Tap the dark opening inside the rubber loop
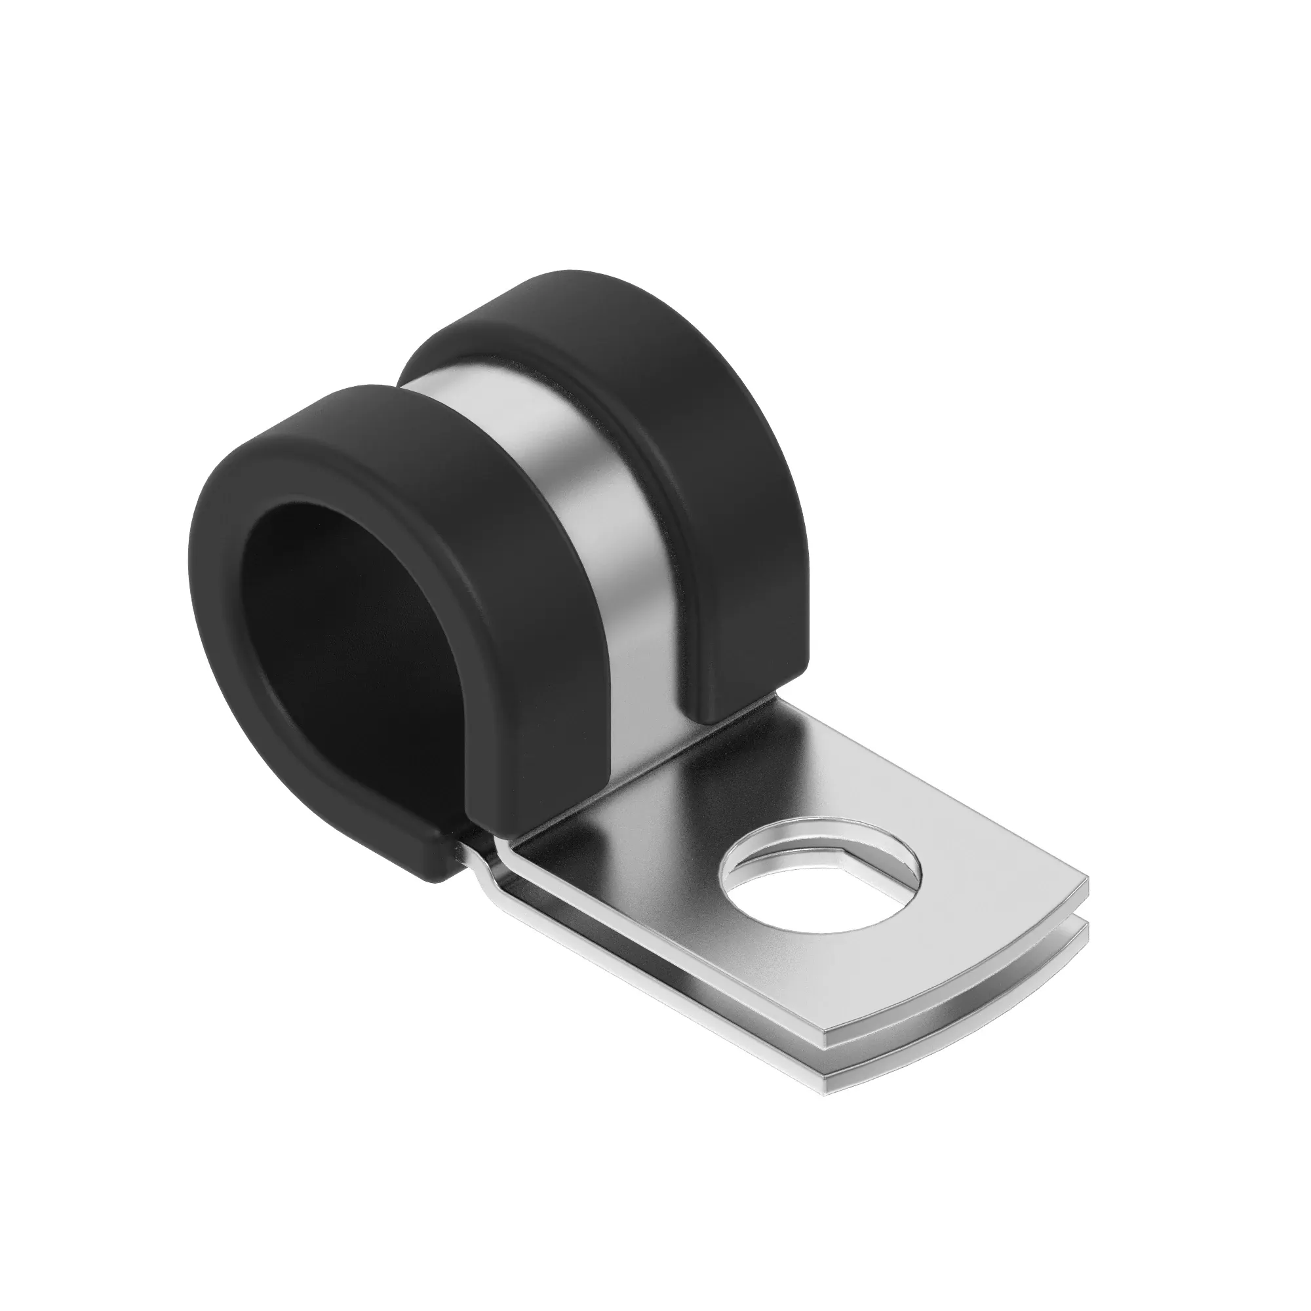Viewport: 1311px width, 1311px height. [x=353, y=652]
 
